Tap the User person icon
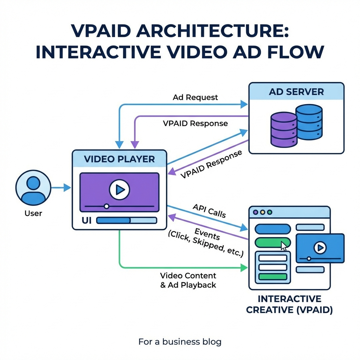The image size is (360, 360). click(x=33, y=187)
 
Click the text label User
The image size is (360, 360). click(x=33, y=213)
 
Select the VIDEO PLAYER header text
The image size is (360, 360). click(x=119, y=159)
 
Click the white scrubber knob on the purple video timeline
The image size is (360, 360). click(x=107, y=206)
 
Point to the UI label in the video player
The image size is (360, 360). click(x=86, y=220)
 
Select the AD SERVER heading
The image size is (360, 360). click(x=296, y=92)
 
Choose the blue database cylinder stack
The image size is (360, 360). click(x=309, y=122)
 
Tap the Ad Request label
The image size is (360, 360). click(x=195, y=97)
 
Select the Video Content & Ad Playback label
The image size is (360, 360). click(x=188, y=280)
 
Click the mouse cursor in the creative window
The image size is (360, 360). click(x=284, y=246)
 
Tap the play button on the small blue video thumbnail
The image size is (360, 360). click(x=320, y=248)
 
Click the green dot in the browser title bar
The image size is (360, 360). click(x=270, y=212)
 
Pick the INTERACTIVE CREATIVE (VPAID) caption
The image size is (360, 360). click(x=289, y=304)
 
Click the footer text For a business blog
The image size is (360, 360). click(x=180, y=341)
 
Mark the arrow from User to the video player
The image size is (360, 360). click(x=61, y=188)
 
